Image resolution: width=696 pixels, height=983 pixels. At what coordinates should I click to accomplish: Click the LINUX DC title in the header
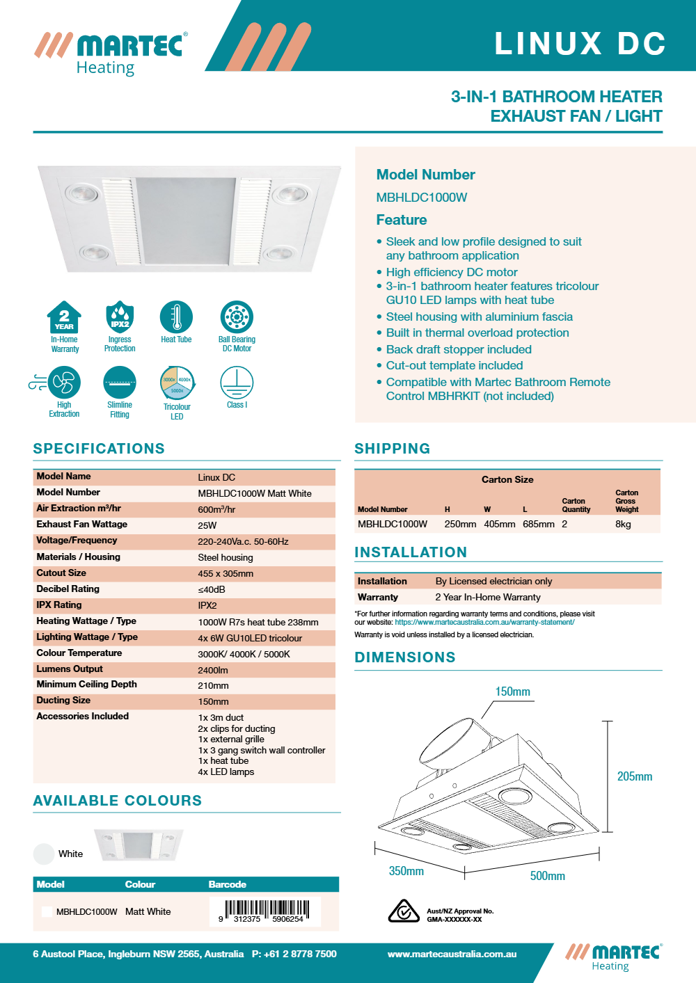[580, 43]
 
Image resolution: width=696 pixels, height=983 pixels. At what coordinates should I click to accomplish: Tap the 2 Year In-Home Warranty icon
[64, 318]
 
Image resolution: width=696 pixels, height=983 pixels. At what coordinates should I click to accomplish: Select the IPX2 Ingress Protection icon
[120, 318]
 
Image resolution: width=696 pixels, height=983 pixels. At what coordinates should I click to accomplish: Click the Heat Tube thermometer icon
[176, 317]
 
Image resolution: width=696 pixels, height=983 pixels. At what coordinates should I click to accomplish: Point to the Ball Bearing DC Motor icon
[237, 317]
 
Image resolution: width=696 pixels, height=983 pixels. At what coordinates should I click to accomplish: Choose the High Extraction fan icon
[63, 383]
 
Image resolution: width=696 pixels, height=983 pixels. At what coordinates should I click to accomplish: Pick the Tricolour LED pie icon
[177, 383]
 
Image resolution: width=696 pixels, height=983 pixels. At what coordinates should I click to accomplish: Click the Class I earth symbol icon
[237, 383]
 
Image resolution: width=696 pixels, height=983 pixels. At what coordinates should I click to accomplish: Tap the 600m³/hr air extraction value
[216, 509]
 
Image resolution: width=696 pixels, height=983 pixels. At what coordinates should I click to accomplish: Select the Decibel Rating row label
[68, 589]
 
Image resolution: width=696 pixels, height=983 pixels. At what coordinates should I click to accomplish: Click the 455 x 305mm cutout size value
[226, 574]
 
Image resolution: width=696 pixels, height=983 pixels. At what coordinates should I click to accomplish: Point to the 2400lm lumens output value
[213, 670]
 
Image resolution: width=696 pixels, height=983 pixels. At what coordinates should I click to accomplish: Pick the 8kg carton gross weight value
[623, 524]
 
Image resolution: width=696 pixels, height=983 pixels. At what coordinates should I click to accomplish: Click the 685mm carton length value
[539, 524]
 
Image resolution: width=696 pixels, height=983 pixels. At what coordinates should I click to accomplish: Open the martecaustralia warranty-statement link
[484, 623]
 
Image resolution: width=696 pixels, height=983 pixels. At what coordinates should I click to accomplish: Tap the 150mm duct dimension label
[512, 692]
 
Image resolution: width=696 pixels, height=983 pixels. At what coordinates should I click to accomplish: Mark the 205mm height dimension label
[635, 776]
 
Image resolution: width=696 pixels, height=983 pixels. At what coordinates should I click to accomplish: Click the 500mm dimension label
[548, 876]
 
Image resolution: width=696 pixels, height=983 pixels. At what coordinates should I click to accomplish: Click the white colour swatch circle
[44, 854]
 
